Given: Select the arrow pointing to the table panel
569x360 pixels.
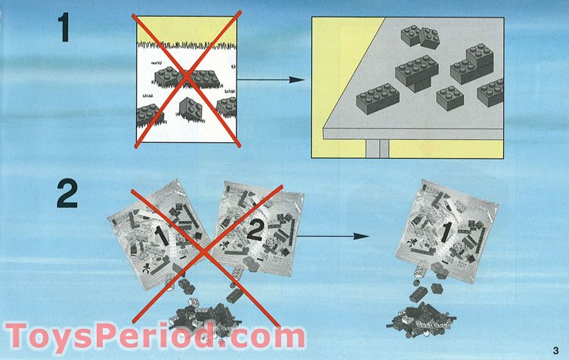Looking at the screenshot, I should tap(267, 79).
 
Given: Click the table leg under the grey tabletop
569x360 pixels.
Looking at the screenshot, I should tap(373, 148).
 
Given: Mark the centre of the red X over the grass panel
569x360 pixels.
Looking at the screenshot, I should tap(187, 79).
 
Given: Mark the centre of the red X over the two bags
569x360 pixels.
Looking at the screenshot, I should tap(205, 250).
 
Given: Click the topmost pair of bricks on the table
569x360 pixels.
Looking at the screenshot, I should tap(421, 35).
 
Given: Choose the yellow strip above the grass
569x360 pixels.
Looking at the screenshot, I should tap(185, 29).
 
